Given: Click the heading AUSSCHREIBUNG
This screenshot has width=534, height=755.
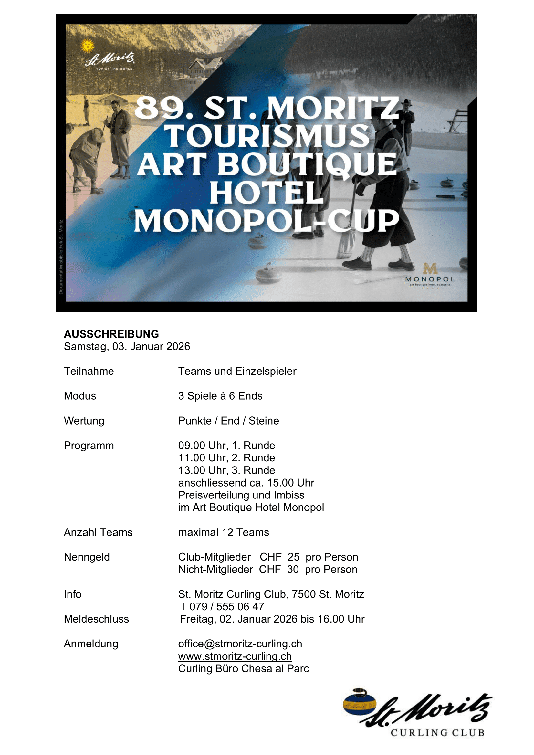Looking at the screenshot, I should coord(111,334).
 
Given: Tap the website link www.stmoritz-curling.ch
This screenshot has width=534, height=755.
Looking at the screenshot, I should coord(235,656).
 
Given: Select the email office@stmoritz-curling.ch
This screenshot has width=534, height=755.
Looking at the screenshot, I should coord(240,644).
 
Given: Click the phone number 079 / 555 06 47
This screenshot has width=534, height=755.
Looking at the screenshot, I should coord(226,607).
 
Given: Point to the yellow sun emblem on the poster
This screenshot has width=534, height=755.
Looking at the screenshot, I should coord(88,46).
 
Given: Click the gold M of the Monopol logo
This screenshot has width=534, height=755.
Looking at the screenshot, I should coord(430,269).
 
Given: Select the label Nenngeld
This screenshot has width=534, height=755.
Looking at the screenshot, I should coord(87,557).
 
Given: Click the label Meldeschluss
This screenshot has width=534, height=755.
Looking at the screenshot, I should coord(96,619).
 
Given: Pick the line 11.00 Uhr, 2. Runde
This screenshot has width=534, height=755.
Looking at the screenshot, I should coord(226,458).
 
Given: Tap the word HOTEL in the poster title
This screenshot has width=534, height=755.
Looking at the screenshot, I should coord(266,193).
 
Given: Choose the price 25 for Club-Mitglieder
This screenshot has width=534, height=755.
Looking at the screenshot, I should coord(293,557).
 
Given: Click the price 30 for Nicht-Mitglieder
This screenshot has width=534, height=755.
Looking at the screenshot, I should coord(293,570).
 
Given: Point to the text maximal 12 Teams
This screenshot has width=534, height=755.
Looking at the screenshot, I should coord(224,532).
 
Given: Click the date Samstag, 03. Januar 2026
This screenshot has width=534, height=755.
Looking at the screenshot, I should coord(127,347).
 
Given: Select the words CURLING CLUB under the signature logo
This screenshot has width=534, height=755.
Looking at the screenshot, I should coord(437,733).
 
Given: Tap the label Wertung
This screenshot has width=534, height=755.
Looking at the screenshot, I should coord(84,421).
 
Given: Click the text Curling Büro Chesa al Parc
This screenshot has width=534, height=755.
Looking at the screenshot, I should coord(244,669).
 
